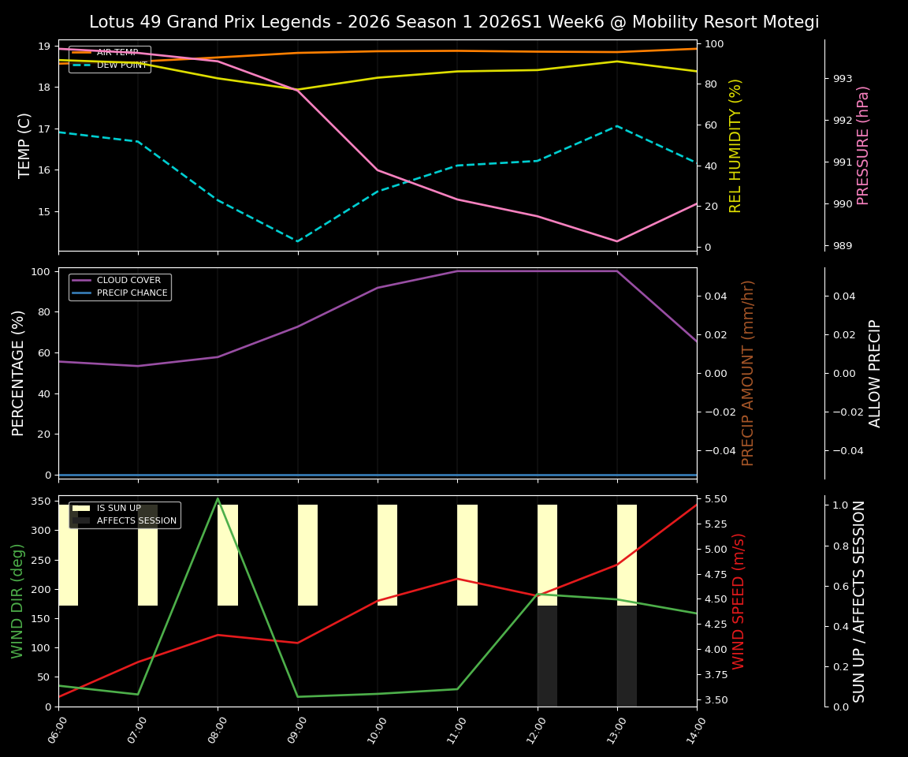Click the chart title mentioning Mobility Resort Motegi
454,22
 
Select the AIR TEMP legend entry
117,52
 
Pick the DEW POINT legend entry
121,65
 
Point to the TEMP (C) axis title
25,145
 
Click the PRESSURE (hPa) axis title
863,145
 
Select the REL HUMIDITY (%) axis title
736,145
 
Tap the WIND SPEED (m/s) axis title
739,601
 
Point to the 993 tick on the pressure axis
843,79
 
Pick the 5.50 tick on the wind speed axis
716,499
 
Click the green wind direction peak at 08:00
218,498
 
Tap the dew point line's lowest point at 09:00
298,241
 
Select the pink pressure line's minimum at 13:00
617,241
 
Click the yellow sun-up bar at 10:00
387,555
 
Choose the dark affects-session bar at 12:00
547,656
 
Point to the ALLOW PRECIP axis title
876,373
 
